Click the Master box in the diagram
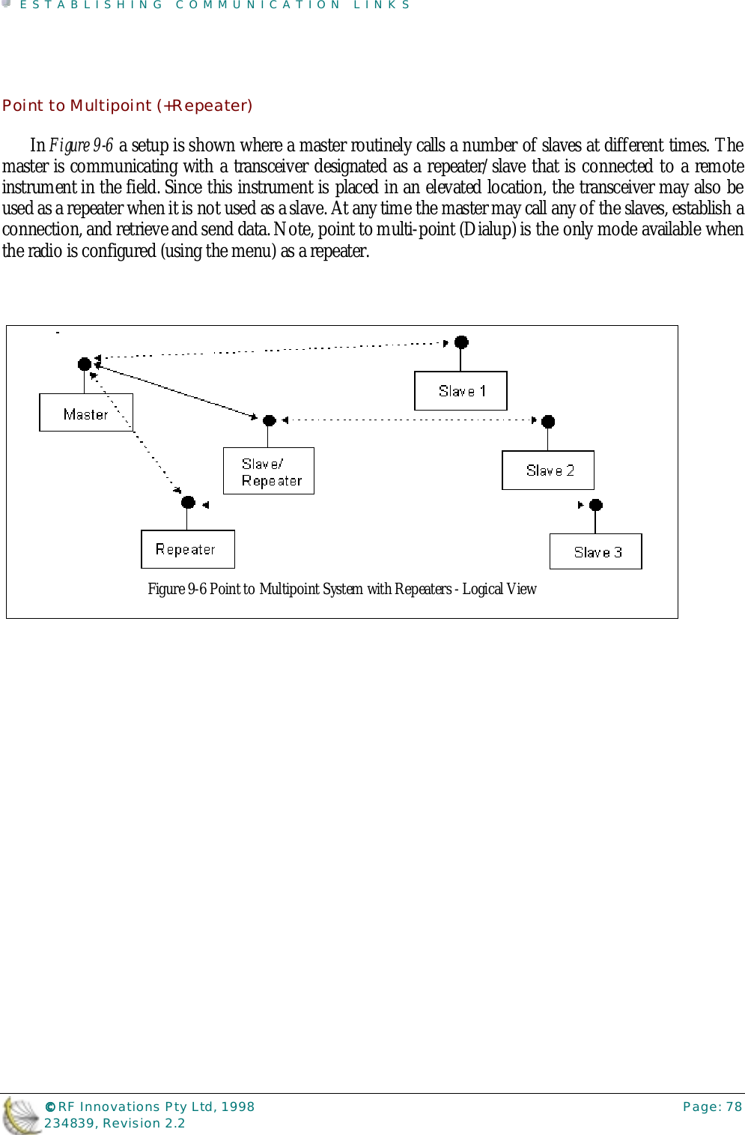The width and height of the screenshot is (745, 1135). pos(85,413)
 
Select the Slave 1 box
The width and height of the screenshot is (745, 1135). pos(460,390)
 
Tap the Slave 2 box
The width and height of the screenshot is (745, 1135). pos(548,470)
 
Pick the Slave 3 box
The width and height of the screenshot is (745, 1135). pos(596,551)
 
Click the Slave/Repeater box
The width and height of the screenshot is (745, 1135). pos(269,471)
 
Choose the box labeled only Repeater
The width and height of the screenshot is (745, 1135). pos(188,549)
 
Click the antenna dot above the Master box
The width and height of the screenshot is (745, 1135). pos(85,364)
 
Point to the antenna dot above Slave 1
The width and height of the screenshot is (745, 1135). pos(462,342)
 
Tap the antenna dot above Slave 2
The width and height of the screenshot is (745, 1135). pos(548,422)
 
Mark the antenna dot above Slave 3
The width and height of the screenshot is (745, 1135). pos(596,505)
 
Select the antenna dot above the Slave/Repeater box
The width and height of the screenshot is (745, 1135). pos(270,421)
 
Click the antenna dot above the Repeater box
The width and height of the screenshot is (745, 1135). pos(189,502)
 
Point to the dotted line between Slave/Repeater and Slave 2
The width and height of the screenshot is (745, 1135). pos(408,420)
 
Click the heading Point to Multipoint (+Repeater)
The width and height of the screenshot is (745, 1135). pos(127,106)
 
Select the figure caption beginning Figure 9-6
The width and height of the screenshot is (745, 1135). pos(341,589)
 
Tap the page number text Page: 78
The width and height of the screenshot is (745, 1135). pos(712,1107)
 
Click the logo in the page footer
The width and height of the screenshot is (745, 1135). pos(21,1115)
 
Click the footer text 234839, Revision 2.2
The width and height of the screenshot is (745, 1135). pos(115,1123)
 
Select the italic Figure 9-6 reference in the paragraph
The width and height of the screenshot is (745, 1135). pos(81,145)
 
